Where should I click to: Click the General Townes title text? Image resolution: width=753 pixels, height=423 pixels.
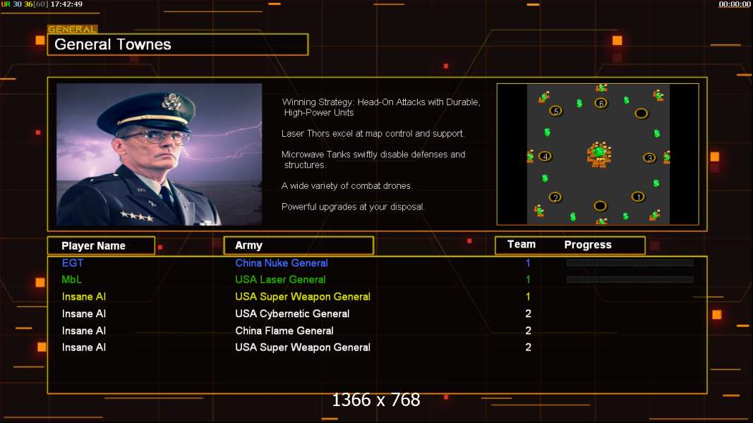tap(112, 44)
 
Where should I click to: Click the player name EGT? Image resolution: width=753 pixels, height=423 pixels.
tap(73, 263)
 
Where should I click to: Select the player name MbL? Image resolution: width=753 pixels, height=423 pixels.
tap(71, 280)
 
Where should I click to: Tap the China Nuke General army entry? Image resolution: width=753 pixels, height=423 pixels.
tap(282, 263)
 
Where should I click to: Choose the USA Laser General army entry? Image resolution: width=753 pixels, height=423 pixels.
tap(280, 280)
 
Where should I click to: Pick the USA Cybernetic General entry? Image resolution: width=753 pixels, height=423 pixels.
tap(292, 314)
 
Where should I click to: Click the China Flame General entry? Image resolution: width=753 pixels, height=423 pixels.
tap(284, 331)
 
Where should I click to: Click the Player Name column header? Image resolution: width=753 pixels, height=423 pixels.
tap(94, 246)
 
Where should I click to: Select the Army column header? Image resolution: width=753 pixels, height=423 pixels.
tap(248, 245)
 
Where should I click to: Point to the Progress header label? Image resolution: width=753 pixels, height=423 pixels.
tap(588, 245)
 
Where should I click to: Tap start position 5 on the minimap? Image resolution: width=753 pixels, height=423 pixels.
tap(555, 111)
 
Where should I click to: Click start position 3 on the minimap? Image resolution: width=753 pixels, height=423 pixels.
tap(649, 158)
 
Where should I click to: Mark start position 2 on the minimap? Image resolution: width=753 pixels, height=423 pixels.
tap(555, 197)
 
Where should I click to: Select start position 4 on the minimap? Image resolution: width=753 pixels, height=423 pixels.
tap(545, 157)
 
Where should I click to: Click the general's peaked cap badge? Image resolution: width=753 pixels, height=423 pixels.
tap(171, 102)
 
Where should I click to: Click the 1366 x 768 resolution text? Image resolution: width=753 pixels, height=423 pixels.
tap(376, 400)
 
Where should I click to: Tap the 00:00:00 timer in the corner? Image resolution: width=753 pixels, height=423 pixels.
tap(734, 4)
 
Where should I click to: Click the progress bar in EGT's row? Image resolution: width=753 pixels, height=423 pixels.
tap(629, 263)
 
